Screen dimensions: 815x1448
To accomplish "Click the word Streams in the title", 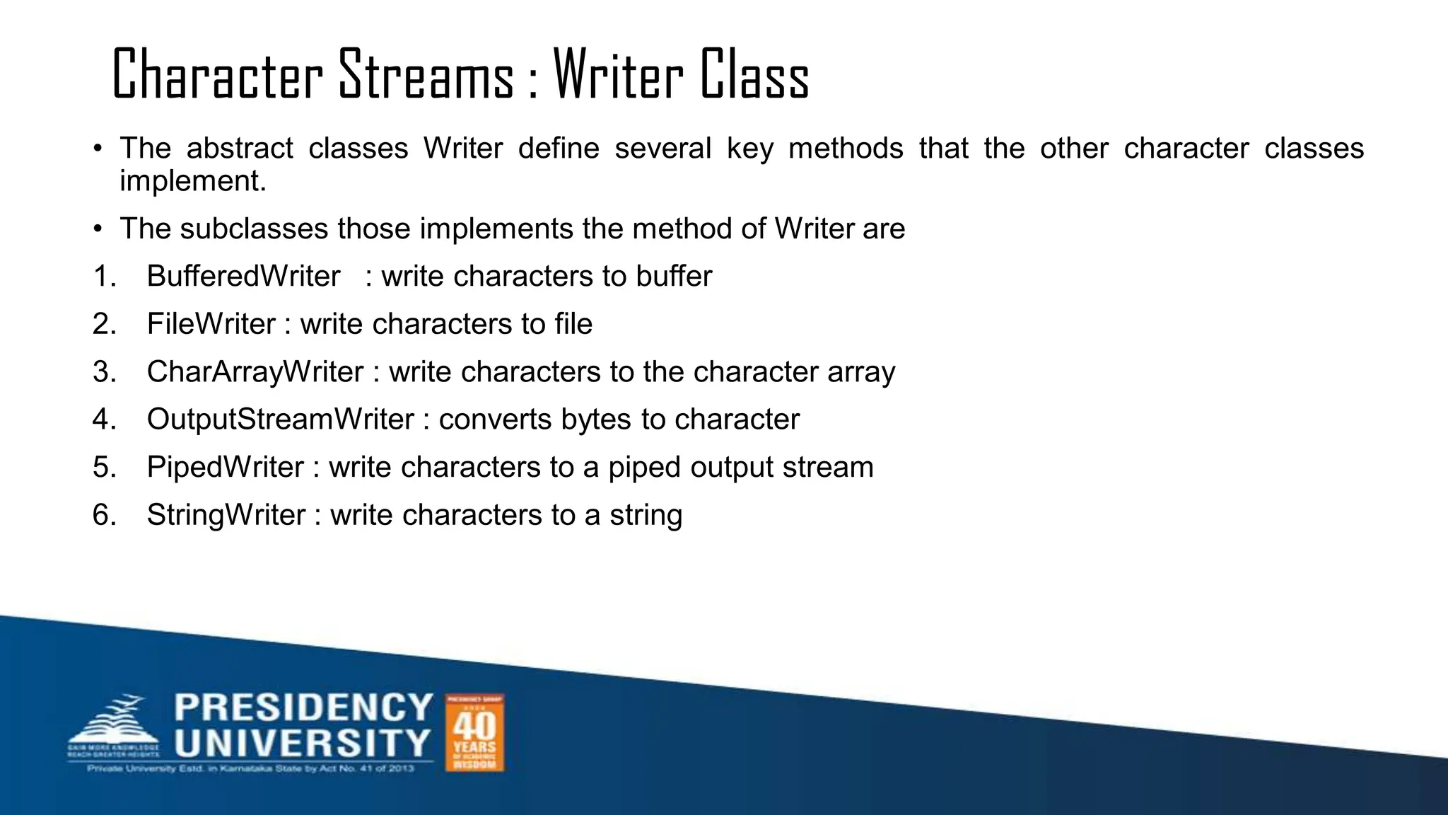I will pos(426,75).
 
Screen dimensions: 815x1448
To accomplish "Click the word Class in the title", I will pos(754,75).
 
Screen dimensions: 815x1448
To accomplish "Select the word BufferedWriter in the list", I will pos(243,276).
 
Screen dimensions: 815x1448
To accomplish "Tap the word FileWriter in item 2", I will pos(211,324).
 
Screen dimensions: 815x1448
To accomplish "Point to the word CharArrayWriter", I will pos(255,372).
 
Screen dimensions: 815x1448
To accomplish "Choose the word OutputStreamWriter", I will pos(280,420).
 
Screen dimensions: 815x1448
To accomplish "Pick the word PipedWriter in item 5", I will pos(225,468).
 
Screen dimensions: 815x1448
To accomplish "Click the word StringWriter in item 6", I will pos(226,515).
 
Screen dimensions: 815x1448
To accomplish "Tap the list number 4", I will pos(104,420).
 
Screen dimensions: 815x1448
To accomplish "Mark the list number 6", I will pos(104,515).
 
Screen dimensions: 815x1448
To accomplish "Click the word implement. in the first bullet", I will pos(193,181).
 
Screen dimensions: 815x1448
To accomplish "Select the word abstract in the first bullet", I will pos(240,149).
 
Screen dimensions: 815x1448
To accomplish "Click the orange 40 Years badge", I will pos(474,732).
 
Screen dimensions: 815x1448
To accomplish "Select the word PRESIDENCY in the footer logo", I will pos(303,707).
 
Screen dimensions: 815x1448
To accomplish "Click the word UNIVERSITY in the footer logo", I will pos(303,744).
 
